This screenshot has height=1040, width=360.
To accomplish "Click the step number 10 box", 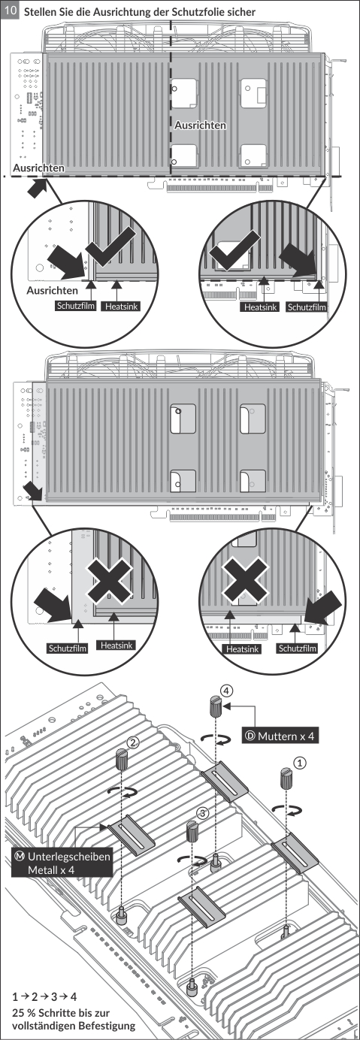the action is tap(11, 11).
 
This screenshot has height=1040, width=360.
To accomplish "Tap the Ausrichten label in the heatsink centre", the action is tap(200, 125).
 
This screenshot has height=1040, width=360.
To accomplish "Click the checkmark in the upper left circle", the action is tap(110, 249).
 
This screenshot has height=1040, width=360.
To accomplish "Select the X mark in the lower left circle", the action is tap(109, 581).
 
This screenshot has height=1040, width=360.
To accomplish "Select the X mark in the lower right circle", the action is tap(245, 579).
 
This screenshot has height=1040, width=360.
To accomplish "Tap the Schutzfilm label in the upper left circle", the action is tap(76, 306).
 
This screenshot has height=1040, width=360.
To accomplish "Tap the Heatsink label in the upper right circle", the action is tap(260, 307).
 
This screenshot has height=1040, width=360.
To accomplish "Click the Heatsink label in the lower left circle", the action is tap(116, 645).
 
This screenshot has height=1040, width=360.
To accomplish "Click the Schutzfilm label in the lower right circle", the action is tap(298, 648).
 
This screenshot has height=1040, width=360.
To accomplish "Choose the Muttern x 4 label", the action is tap(280, 736).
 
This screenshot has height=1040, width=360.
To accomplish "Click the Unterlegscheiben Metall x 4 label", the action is tap(62, 863).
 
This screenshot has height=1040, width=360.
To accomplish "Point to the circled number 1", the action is tap(301, 763).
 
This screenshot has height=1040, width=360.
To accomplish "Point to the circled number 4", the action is tap(226, 691).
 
